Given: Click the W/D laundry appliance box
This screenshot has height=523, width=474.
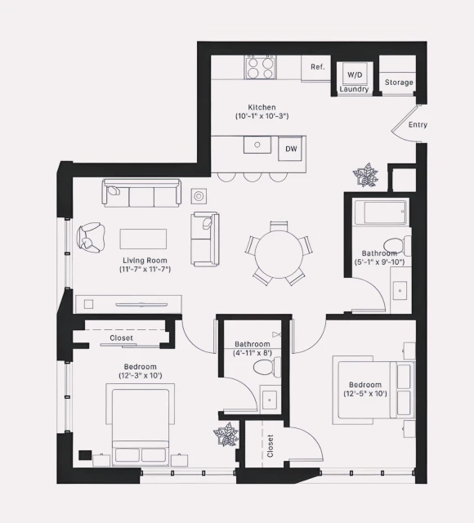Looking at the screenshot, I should coord(355,74).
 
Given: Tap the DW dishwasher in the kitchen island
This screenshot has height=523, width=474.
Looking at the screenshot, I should coord(291,149).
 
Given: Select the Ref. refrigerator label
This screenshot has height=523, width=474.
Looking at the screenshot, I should coord(318,67).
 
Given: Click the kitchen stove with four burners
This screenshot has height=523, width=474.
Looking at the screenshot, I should coord(261,67).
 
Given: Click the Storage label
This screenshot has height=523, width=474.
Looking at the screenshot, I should coord(399,83).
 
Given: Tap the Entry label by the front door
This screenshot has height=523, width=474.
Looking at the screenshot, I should coord(417,125).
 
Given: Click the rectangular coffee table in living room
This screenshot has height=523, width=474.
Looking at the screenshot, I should coord(144,238).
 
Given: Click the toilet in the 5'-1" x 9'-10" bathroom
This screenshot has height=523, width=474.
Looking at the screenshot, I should coord(396,245).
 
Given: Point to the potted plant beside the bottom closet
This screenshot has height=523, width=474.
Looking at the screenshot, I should coord(226,434).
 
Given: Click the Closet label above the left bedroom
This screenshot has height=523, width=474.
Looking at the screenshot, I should coord(122,337).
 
